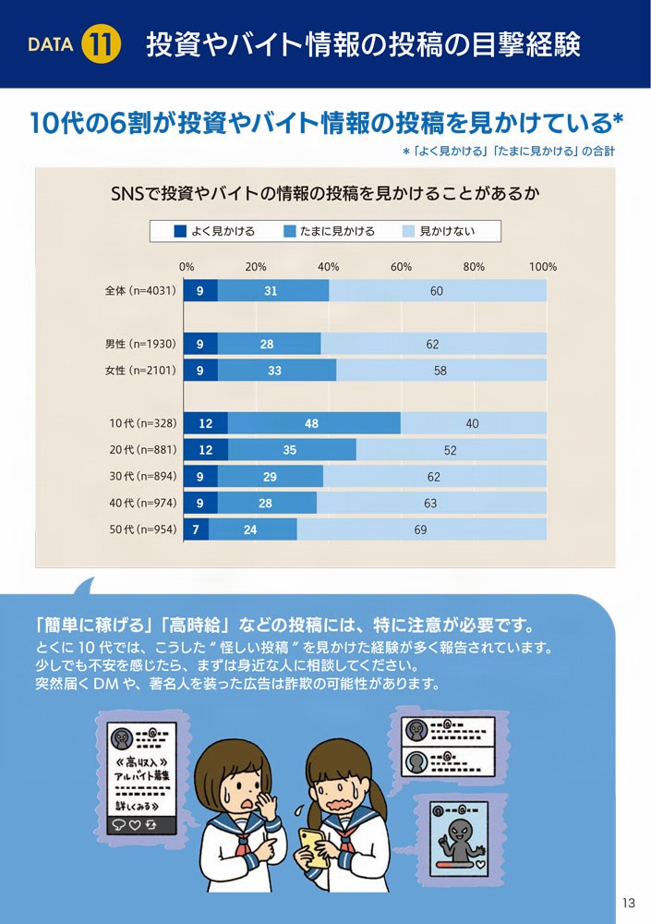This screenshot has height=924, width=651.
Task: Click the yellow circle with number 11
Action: (101, 44)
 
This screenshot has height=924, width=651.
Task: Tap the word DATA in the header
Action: (51, 45)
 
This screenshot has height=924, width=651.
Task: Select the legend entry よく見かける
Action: (214, 231)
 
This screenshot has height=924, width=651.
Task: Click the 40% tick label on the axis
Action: (328, 267)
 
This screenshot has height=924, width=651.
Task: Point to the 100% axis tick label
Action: (543, 267)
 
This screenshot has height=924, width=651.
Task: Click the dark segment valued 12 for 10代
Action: (206, 424)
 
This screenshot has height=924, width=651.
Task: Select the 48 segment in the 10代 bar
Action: (312, 424)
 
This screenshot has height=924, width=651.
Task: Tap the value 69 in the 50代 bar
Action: (420, 529)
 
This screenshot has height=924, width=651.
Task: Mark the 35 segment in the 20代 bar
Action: (290, 450)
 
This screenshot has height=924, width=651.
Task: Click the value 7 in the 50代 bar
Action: (197, 529)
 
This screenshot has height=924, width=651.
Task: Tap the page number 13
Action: (630, 902)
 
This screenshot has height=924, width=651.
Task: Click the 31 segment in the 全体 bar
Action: (271, 291)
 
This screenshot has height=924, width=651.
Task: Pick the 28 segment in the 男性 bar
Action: (268, 345)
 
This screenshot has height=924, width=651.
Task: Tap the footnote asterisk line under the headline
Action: (508, 151)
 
